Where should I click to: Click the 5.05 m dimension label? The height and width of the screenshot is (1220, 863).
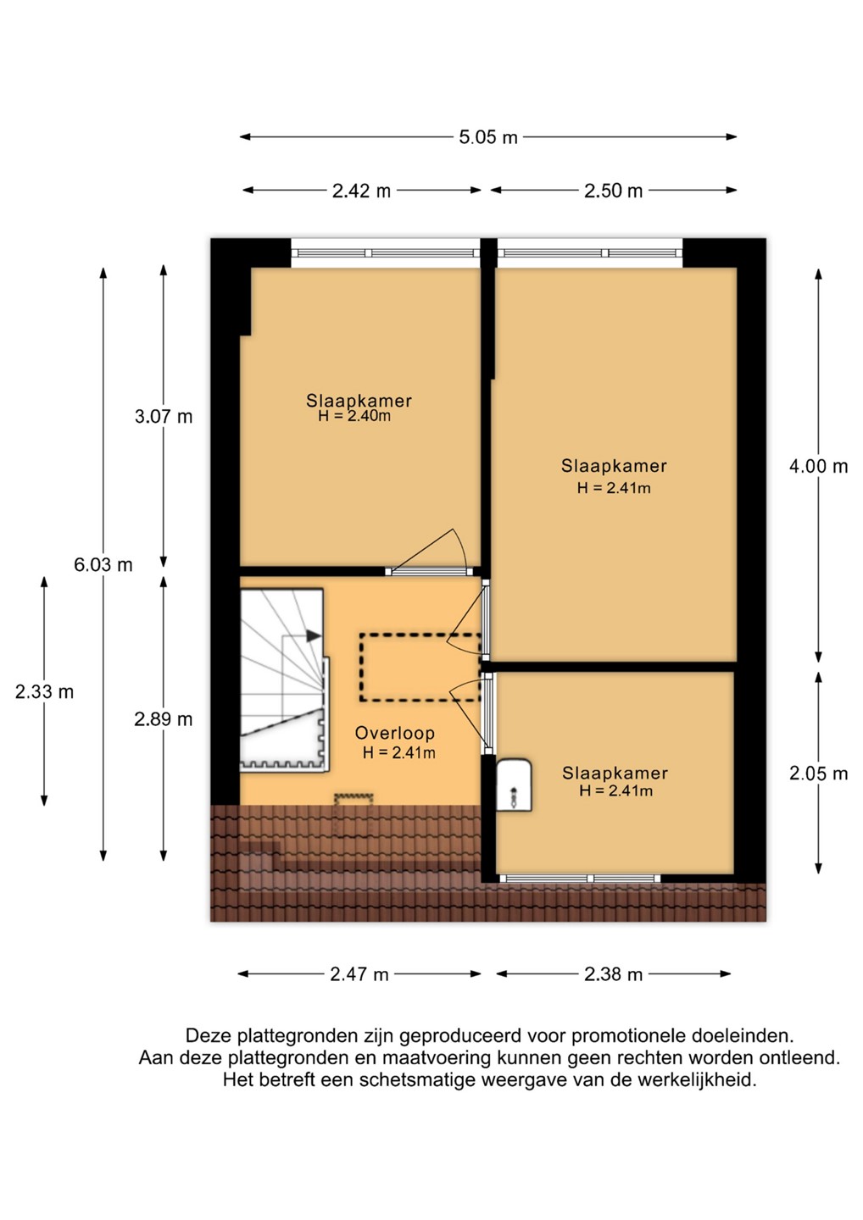[x=487, y=136]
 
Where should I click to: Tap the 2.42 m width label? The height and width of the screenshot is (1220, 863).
[x=361, y=191]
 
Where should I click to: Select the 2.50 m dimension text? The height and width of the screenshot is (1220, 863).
[x=613, y=191]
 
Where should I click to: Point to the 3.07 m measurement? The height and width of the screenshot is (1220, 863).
[x=164, y=417]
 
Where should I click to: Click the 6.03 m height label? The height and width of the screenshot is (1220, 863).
[x=103, y=565]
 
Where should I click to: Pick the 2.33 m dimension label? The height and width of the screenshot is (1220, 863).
[x=44, y=691]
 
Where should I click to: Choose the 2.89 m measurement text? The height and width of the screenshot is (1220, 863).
[x=164, y=719]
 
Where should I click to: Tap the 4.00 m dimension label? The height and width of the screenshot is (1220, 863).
[x=818, y=466]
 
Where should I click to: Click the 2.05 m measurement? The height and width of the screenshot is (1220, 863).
[x=818, y=774]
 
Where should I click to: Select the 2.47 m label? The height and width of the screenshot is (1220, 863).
[x=359, y=973]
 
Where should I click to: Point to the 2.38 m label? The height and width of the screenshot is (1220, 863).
[x=613, y=973]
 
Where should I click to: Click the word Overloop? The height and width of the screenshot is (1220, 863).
[x=395, y=733]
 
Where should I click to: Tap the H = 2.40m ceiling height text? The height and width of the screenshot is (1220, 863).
[x=354, y=417]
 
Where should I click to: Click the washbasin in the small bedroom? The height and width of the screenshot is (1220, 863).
[x=514, y=785]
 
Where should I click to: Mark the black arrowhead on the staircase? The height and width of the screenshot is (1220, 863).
[x=314, y=635]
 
